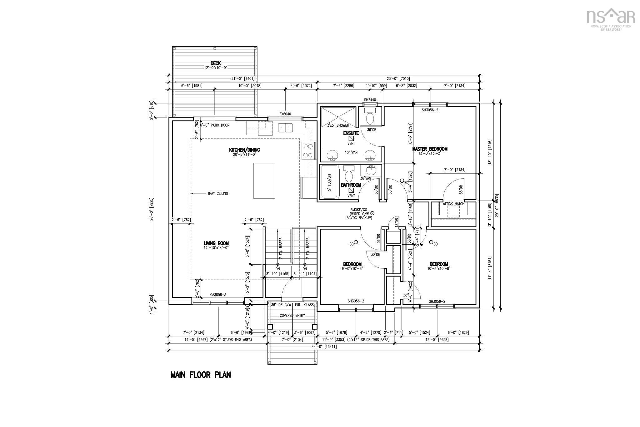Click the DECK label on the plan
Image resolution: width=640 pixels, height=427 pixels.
click(x=216, y=64)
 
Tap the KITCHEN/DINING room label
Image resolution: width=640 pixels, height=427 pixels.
click(x=244, y=150)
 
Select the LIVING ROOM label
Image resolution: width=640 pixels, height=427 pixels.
click(x=216, y=243)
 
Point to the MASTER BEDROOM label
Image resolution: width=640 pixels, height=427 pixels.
click(x=430, y=149)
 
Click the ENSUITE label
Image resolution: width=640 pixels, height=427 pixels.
click(x=351, y=133)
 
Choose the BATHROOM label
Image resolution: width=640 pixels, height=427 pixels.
click(x=351, y=185)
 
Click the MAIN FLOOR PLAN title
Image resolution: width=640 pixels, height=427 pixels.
click(x=201, y=375)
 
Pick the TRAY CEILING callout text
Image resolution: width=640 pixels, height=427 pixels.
click(x=217, y=193)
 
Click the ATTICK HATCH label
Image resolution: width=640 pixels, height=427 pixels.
click(x=453, y=204)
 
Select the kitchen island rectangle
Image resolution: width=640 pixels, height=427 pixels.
click(x=264, y=180)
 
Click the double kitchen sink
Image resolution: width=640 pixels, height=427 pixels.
click(x=285, y=128)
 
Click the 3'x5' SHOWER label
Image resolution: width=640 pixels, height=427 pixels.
click(x=338, y=125)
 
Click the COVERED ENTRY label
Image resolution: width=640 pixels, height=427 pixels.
click(x=292, y=315)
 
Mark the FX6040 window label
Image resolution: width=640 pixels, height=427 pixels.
click(x=285, y=114)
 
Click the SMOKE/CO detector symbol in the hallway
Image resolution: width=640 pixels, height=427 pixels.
click(x=372, y=213)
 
